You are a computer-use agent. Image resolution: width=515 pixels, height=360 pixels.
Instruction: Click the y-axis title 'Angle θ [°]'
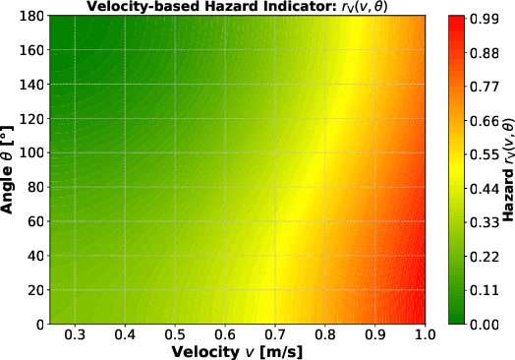[10, 170]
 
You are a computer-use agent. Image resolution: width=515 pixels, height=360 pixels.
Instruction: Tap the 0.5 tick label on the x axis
[175, 334]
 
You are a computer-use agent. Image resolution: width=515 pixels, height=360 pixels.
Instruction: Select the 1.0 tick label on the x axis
[425, 334]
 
